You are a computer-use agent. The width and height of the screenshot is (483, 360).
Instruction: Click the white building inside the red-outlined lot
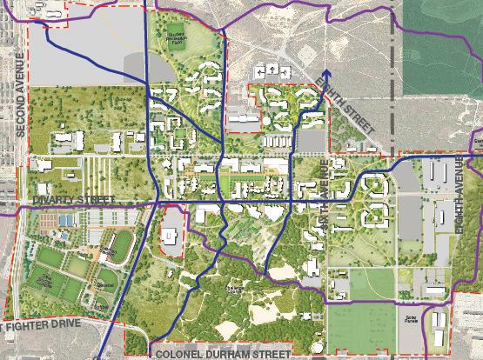click(171, 233)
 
